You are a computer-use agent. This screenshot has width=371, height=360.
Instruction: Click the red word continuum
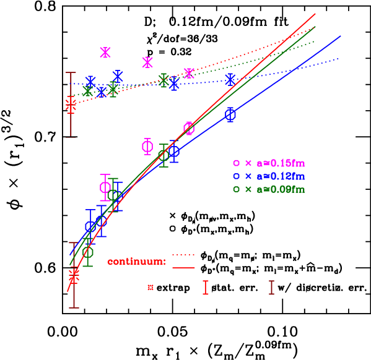(x=136, y=261)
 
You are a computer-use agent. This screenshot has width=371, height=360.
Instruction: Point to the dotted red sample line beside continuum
(x=183, y=255)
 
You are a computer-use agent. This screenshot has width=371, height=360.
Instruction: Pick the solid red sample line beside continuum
(x=183, y=267)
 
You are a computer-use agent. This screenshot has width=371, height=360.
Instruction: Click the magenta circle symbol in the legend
(x=236, y=163)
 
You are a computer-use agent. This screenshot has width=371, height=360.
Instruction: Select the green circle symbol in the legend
(x=236, y=189)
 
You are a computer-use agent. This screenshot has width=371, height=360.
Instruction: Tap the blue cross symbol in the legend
(x=248, y=176)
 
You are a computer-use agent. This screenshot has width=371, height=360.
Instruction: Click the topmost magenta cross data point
(x=105, y=53)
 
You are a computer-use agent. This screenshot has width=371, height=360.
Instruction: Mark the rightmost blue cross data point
(x=230, y=80)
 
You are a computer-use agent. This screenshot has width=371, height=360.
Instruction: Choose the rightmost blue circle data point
(x=230, y=114)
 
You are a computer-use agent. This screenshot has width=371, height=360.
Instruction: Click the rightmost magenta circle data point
(x=189, y=129)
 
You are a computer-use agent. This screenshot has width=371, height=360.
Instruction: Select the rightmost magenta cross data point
(x=189, y=73)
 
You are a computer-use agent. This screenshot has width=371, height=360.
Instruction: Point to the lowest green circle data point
(x=88, y=252)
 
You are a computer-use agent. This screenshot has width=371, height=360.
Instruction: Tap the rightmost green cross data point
(x=164, y=80)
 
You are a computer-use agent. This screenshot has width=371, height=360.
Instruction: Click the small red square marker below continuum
(x=151, y=287)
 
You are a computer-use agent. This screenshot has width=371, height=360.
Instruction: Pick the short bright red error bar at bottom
(x=206, y=288)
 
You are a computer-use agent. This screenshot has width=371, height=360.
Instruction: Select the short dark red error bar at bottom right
(x=271, y=288)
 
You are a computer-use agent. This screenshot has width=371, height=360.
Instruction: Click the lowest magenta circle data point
(x=105, y=187)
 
